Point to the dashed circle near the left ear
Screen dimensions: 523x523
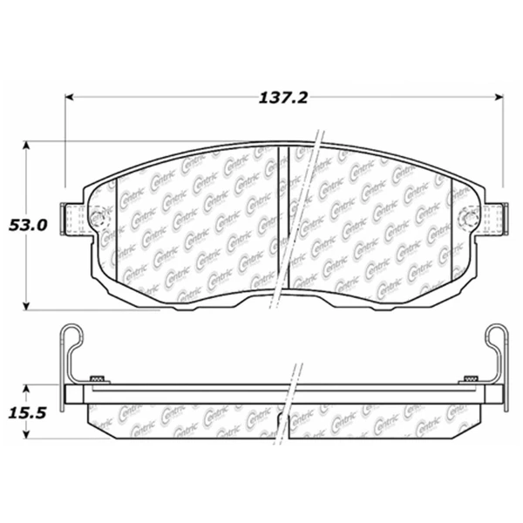click(96, 216)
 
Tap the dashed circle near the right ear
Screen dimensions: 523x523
click(468, 216)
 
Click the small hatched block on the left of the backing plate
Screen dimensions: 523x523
click(98, 377)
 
